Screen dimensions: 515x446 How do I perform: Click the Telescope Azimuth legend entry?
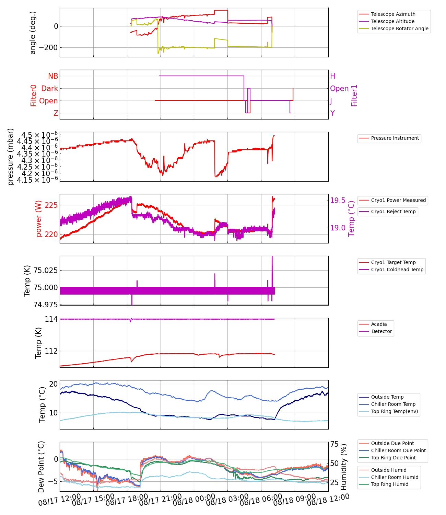pos(393,14)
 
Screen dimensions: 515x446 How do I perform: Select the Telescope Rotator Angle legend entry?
pos(400,28)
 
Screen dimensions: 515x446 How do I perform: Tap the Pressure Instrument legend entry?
pos(395,138)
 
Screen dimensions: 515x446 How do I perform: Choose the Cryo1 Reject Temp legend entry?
pos(393,211)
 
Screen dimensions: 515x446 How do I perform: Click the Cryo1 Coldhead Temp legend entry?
pos(397,270)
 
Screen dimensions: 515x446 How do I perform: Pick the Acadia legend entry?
pos(379,324)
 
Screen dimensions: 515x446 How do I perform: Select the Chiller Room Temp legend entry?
pos(393,404)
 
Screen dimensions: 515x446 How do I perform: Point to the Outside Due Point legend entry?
pos(392,443)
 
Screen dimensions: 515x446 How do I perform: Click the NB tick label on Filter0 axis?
pos(53,76)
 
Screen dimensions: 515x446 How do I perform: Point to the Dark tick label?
pos(50,89)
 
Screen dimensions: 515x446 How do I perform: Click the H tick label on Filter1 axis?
pos(332,76)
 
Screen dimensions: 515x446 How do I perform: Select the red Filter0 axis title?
pos(34,95)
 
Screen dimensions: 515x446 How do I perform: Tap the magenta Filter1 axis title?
pos(354,95)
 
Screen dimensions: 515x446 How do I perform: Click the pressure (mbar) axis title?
pos(11,157)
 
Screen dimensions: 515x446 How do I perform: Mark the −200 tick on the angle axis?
pos(48,48)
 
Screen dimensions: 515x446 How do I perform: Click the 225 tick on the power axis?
pos(51,205)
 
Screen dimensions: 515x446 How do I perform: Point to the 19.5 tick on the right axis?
pos(338,201)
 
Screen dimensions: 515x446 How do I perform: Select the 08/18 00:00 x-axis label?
pos(194,500)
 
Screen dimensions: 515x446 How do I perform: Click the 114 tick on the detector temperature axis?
pos(51,319)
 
